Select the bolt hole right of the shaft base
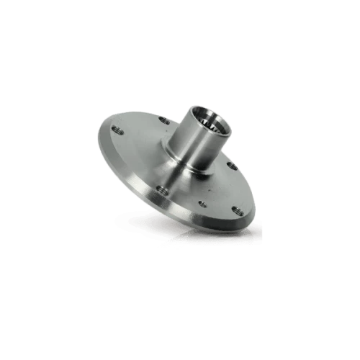[x=232, y=165]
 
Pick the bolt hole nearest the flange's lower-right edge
[x=236, y=210]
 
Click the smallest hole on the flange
[x=203, y=203]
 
